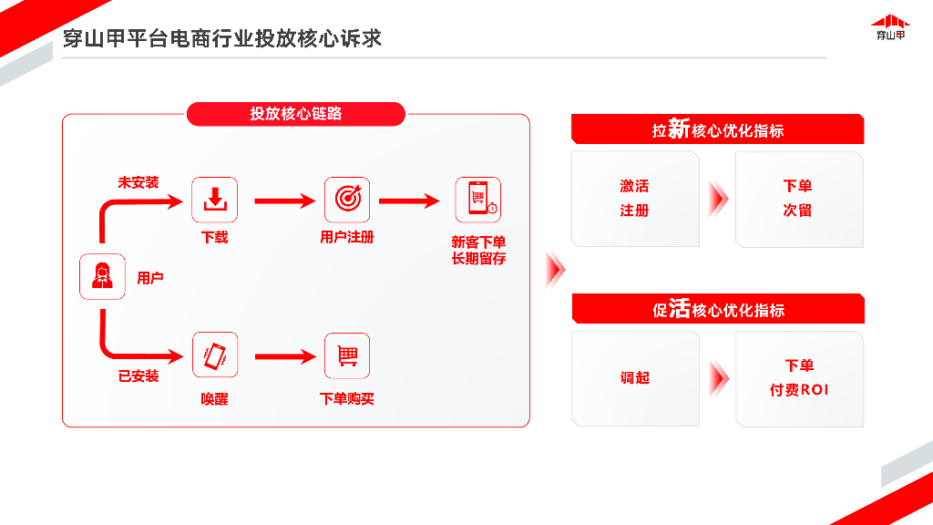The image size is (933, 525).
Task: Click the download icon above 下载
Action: pos(214,200)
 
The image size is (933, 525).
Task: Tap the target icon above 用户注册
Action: pos(347,200)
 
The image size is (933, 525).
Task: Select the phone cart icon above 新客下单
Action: pos(478,200)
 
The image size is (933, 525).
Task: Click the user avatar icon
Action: pos(102,276)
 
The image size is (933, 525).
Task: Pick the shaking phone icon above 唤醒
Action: pos(214,355)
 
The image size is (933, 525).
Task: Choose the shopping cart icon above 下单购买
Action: pos(347,355)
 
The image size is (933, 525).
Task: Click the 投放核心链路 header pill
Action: pos(295,114)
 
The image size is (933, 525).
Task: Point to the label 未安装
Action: pos(138,182)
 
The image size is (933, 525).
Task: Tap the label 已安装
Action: pos(138,376)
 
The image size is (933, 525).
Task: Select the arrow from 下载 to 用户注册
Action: pos(284,201)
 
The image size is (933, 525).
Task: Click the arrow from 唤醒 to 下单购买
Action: pos(284,356)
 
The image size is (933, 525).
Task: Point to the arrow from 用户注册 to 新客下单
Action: pos(409,201)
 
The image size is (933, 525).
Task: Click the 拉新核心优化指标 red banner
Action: pos(717,129)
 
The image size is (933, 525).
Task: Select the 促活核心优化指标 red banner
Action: pos(717,309)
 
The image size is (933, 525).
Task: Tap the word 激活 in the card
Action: pos(634,186)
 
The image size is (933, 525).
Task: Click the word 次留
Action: pos(797,210)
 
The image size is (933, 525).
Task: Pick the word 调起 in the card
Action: pos(634,377)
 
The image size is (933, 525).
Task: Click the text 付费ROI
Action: pos(799,390)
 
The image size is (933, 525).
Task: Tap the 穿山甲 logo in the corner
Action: pos(890,27)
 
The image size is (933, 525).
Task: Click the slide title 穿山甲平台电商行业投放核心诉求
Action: pos(221,38)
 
